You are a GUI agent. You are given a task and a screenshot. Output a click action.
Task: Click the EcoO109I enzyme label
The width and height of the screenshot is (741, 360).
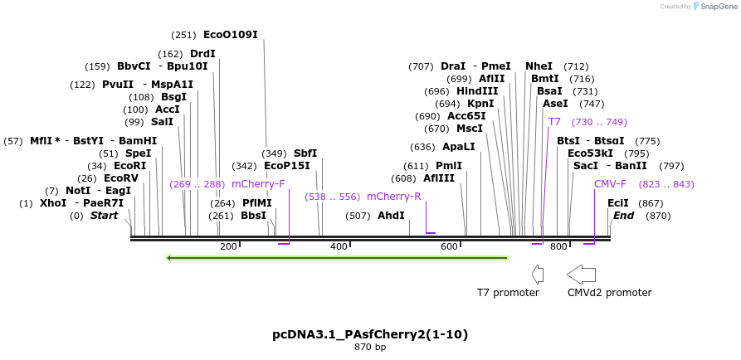click(x=230, y=35)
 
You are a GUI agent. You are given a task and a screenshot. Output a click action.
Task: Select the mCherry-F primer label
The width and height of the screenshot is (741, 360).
click(x=258, y=184)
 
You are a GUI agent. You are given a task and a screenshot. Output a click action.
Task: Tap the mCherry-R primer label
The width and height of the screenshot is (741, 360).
click(x=393, y=197)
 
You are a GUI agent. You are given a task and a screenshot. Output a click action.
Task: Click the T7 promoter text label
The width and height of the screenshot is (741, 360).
click(x=508, y=293)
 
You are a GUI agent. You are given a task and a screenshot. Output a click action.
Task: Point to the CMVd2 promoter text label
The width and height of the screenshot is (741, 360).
click(x=609, y=293)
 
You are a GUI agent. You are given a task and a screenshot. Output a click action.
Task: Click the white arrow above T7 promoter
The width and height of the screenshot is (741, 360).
click(x=537, y=274)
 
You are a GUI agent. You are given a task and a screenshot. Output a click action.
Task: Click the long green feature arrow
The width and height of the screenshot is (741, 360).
click(x=337, y=258)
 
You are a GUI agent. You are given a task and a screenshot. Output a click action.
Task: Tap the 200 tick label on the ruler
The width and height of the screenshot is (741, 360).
click(x=228, y=247)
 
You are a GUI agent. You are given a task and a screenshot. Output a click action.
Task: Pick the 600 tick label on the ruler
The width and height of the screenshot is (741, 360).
click(x=449, y=247)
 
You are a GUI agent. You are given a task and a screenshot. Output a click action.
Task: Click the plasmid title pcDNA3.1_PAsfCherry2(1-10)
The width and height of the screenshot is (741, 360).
click(x=370, y=334)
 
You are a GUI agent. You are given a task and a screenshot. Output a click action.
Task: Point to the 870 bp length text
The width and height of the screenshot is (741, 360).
click(x=370, y=348)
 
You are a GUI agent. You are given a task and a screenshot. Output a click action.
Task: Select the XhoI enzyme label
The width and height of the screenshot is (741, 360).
click(x=52, y=203)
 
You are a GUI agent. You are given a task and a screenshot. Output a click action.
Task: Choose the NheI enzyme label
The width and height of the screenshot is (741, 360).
click(x=539, y=66)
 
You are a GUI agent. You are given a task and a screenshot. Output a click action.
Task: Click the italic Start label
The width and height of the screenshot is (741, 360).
click(x=105, y=216)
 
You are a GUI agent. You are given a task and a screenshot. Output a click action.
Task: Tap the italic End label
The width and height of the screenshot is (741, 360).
click(x=623, y=216)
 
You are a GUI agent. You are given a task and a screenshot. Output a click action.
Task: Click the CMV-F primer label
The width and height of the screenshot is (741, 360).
click(x=610, y=184)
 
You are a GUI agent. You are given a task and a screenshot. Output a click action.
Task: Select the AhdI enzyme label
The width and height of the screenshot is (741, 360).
click(x=391, y=216)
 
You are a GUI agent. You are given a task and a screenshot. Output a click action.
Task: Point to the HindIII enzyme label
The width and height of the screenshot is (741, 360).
click(x=477, y=91)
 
